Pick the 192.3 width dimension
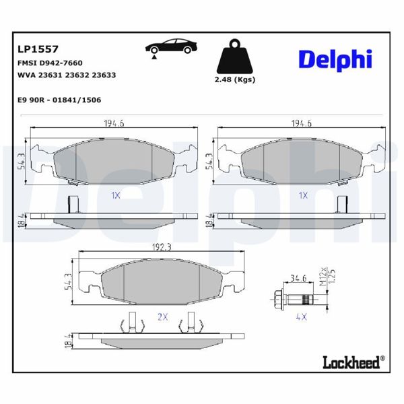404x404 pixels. click(161, 247)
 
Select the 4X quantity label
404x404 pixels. click(301, 316)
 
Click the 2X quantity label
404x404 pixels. click(162, 316)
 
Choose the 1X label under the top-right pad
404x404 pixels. click(303, 195)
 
